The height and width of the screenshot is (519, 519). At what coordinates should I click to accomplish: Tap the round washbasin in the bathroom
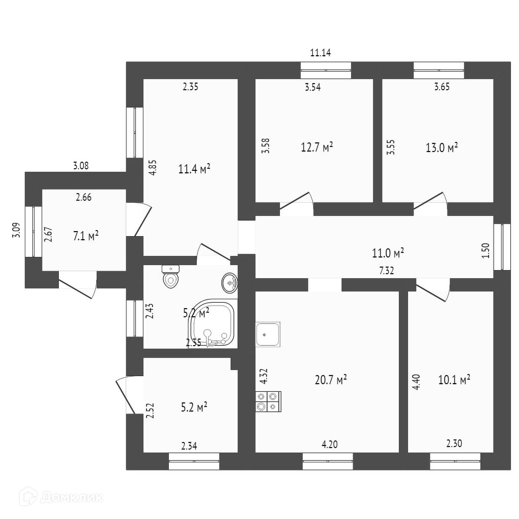coord(230,283)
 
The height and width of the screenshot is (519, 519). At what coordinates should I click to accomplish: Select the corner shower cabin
coord(213,324)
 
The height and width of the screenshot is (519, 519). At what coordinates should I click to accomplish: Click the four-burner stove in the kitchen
coord(268,401)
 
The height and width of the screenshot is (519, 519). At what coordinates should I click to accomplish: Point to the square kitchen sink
coord(268,334)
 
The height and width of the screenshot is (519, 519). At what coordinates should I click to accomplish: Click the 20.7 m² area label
coord(330,379)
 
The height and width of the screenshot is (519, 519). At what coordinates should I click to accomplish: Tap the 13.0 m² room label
coord(441,147)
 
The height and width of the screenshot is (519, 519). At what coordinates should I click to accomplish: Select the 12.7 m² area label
coord(317,147)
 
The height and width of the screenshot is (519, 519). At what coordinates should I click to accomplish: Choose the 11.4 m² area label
coord(194,169)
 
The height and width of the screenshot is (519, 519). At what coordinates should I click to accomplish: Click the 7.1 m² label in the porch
coord(85,236)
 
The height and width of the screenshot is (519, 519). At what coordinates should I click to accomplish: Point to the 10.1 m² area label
coord(454,380)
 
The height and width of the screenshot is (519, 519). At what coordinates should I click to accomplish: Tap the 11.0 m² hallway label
coord(388,252)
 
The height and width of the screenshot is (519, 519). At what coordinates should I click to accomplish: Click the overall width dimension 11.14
coord(320,52)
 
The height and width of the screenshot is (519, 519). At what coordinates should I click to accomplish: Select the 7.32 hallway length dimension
coord(387,271)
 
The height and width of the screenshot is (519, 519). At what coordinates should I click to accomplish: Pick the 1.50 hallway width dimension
coord(486,250)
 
